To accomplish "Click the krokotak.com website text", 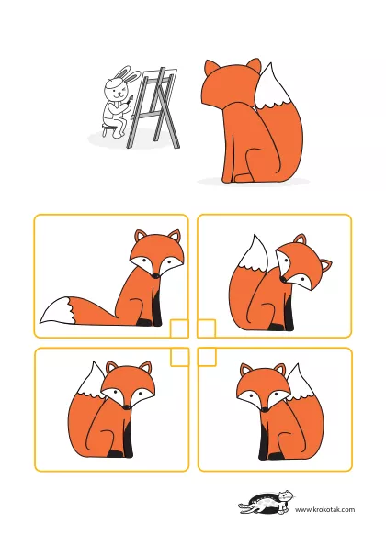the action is click(x=324, y=509).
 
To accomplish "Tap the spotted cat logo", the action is click(x=267, y=502).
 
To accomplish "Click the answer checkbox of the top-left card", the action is click(x=179, y=328).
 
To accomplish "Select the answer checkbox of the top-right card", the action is click(x=207, y=328).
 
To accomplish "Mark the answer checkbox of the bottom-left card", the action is click(x=179, y=357).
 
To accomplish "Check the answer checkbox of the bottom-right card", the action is click(x=207, y=357).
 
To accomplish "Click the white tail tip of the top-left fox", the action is click(x=56, y=310).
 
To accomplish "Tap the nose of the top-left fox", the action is click(x=156, y=275).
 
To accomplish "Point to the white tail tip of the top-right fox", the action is click(x=254, y=254).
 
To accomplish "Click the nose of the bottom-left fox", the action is click(x=127, y=406).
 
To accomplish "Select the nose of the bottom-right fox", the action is click(x=266, y=409).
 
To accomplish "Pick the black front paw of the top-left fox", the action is click(x=145, y=322).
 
